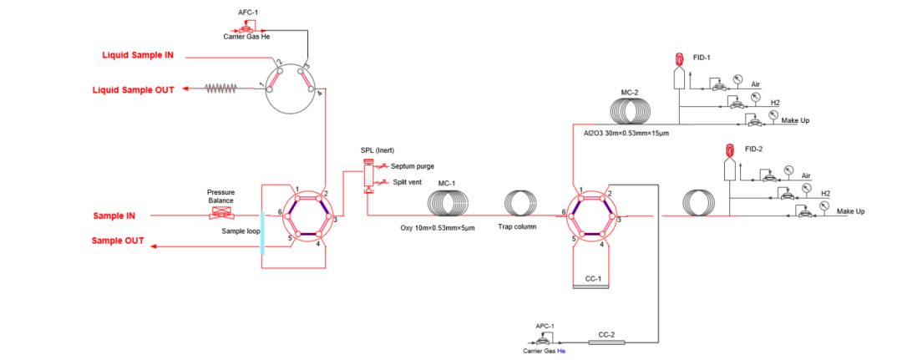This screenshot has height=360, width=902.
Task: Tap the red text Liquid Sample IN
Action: coord(138,56)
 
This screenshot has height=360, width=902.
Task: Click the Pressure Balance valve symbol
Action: coord(220,216)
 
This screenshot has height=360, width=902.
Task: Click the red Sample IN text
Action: coord(114,216)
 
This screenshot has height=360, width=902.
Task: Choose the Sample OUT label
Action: coord(118,241)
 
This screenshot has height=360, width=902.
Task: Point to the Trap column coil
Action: coord(522,203)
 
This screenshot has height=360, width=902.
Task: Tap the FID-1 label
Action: coord(702,58)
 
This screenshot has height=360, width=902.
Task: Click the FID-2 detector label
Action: coord(753,150)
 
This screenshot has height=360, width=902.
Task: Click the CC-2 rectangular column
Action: coord(606,342)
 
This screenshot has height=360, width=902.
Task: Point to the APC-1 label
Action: coord(545,325)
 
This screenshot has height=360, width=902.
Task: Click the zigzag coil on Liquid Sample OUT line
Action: coord(222,87)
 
